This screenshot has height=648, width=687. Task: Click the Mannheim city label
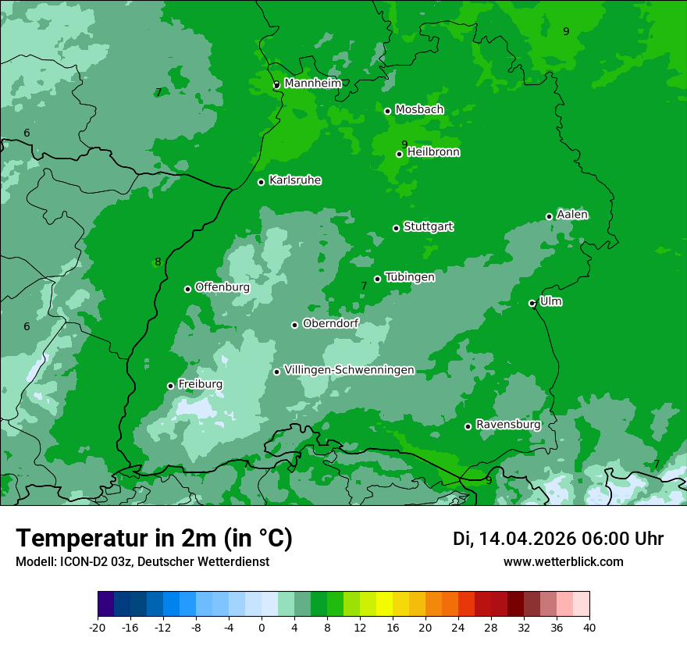[312, 83]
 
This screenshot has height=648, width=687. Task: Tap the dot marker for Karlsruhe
[261, 182]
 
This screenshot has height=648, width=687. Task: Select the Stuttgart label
[428, 226]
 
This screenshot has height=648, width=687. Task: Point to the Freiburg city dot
[170, 386]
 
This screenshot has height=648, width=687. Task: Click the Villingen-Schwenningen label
[349, 370]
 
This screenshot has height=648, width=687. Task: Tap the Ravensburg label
[507, 425]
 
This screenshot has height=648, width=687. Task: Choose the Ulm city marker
[532, 303]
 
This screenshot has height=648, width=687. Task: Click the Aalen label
[572, 215]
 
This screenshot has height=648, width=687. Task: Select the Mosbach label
[419, 109]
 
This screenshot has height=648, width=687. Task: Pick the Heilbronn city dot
[399, 154]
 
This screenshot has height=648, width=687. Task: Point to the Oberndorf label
[330, 323]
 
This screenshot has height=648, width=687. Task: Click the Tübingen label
[410, 277]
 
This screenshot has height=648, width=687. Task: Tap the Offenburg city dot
[187, 289]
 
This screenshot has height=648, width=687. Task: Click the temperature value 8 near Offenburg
[158, 262]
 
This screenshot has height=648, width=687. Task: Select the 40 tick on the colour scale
[589, 627]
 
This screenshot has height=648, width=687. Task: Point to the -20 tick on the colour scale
[98, 627]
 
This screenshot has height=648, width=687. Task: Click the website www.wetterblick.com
[563, 561]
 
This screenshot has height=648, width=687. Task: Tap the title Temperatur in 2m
[154, 538]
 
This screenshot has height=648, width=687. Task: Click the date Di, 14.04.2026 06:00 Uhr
[557, 538]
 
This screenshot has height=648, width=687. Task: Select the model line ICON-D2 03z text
[142, 561]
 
